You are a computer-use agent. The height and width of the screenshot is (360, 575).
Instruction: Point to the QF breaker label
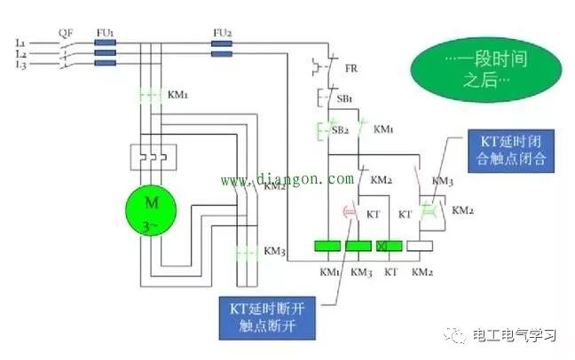pos(66,32)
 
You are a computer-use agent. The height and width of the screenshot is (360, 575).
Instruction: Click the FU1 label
pos(105,32)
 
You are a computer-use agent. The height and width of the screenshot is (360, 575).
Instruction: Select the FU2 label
pos(222,32)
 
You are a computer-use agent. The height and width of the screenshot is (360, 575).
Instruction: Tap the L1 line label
pos(20,43)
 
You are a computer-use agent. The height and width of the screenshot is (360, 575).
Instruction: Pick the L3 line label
pos(20,64)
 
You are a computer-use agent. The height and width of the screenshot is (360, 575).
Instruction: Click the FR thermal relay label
pos(351,67)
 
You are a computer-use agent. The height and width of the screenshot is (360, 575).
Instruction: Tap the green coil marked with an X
pos(389,247)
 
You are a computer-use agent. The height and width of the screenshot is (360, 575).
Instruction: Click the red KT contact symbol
pos(350,213)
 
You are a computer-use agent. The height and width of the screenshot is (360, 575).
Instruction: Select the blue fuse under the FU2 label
pos(222,52)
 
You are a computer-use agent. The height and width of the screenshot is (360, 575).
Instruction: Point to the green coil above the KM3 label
pos(358,247)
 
